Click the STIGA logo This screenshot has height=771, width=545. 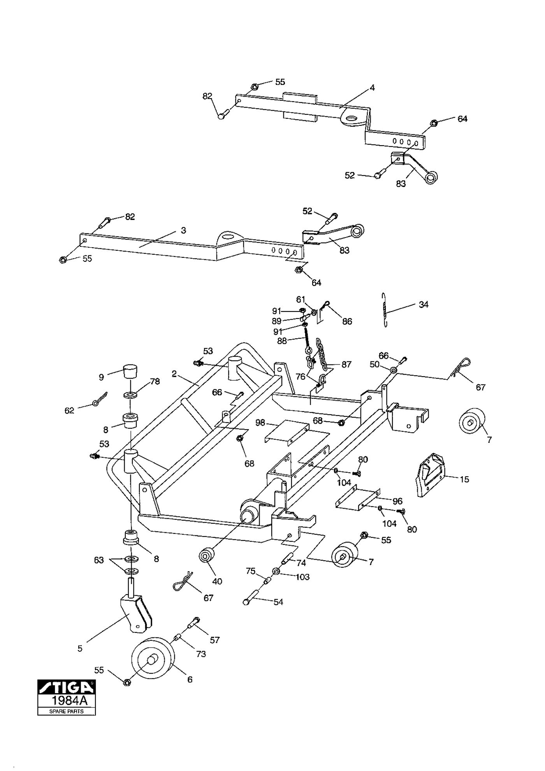coord(66,687)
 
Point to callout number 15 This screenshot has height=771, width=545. coord(464,479)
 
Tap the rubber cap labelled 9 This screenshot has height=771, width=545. coord(131,371)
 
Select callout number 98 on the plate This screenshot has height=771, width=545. coord(260,422)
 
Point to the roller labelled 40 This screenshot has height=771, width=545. coord(206,555)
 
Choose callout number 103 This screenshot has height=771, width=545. coord(302,577)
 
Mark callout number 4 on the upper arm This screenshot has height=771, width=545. coord(372,88)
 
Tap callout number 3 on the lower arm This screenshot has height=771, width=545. coord(183,231)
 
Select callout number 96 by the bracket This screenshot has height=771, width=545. coord(397,501)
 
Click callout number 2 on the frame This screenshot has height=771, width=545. coord(174,374)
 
